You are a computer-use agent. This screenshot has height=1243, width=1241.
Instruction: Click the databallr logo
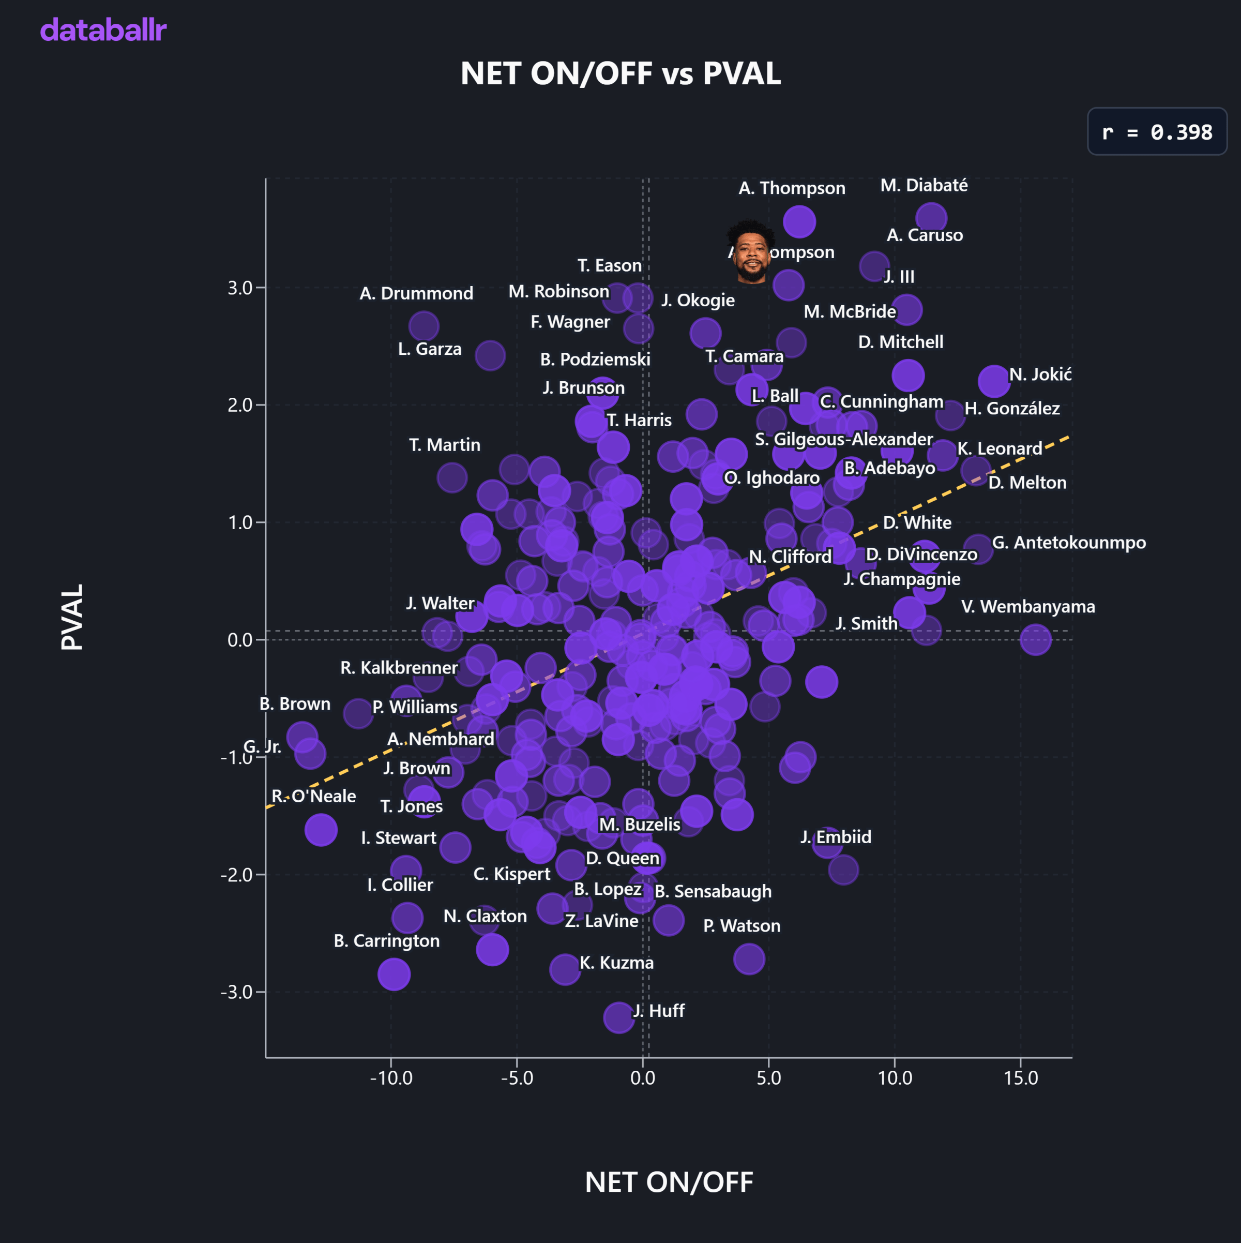click(103, 30)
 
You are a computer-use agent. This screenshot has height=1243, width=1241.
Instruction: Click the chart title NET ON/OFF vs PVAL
click(620, 73)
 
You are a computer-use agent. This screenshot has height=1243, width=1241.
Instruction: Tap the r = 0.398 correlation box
click(1156, 132)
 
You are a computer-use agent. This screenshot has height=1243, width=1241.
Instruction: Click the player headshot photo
click(751, 252)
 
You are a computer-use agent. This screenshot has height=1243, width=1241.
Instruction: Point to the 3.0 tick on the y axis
click(240, 288)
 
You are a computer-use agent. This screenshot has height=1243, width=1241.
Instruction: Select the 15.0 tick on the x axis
click(1020, 1077)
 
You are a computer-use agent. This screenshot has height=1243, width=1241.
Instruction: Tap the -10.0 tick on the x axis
click(391, 1077)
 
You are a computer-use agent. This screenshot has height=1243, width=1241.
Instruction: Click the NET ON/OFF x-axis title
click(669, 1182)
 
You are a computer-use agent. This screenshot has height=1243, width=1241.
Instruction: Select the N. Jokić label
click(1040, 375)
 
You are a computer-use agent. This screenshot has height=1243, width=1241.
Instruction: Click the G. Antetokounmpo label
click(1069, 543)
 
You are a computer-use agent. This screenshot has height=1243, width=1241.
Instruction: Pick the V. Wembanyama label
click(1027, 606)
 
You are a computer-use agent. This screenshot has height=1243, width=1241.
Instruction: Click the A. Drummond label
click(416, 293)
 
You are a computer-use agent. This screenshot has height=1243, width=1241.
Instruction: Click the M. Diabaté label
click(924, 185)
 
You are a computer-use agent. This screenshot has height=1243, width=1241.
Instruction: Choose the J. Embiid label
click(836, 836)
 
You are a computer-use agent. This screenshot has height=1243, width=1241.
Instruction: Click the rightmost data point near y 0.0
click(1035, 639)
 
